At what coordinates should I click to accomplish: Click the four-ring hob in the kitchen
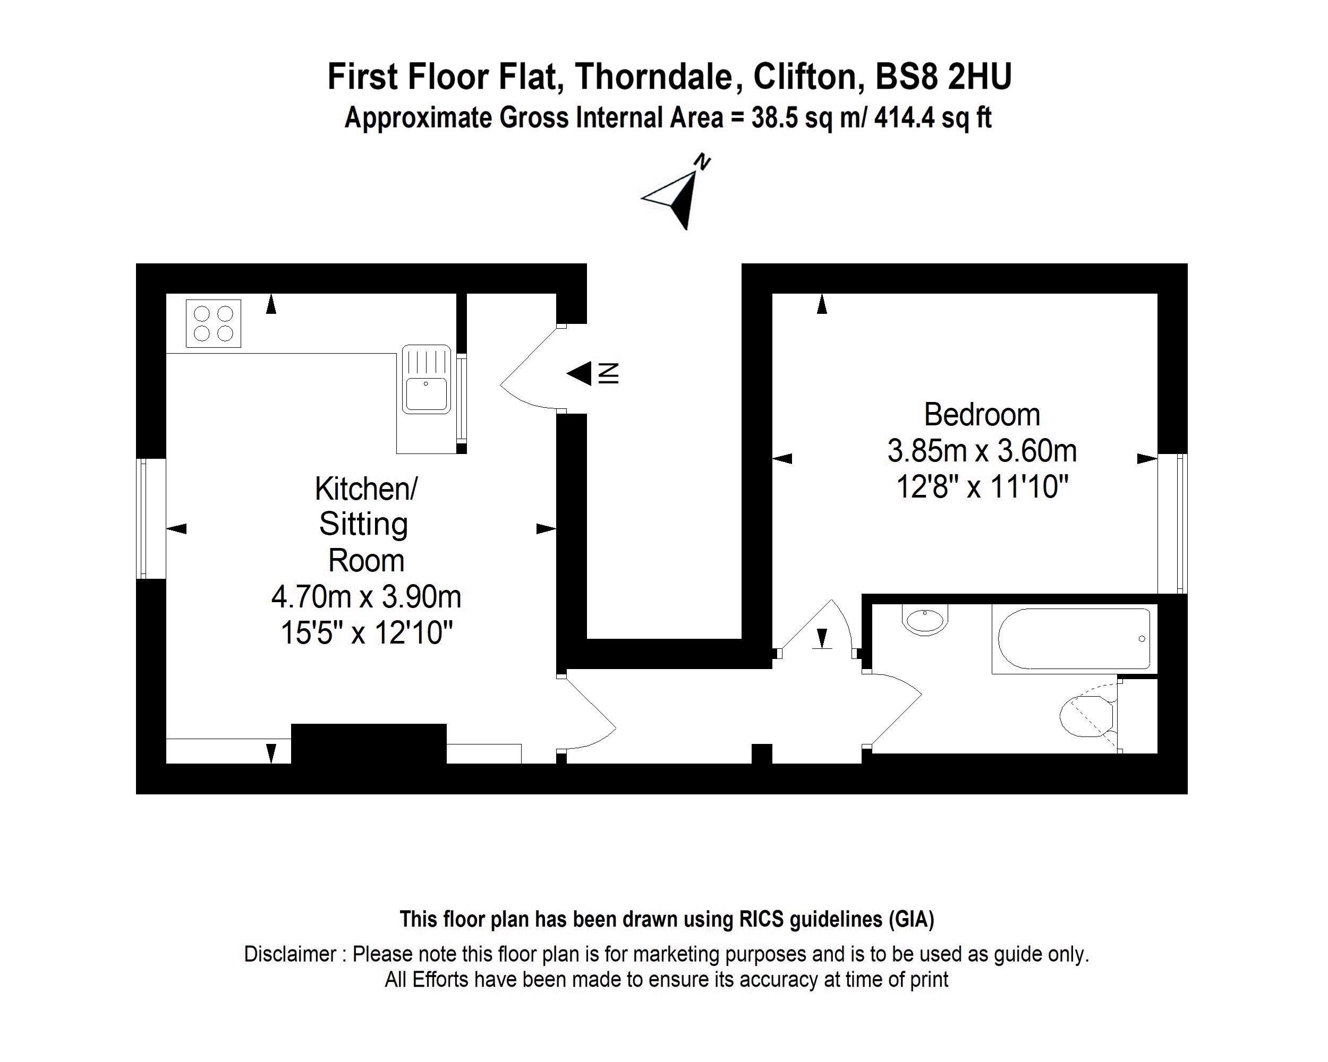click(x=213, y=324)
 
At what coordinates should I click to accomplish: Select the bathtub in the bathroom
click(x=1074, y=639)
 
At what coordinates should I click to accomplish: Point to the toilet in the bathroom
click(x=1089, y=715)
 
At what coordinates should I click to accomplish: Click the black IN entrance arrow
click(x=579, y=373)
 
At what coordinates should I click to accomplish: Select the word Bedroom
click(x=982, y=414)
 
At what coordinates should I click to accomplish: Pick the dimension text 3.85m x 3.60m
click(x=982, y=451)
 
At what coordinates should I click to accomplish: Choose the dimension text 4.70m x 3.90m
click(x=366, y=596)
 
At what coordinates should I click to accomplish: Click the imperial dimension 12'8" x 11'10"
click(x=982, y=487)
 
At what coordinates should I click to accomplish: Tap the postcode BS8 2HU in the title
click(x=943, y=77)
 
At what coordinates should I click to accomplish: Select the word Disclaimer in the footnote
click(x=290, y=954)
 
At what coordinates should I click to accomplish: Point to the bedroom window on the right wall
click(x=1172, y=524)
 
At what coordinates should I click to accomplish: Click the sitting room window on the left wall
click(x=151, y=518)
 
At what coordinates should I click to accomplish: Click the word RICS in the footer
click(x=761, y=919)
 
